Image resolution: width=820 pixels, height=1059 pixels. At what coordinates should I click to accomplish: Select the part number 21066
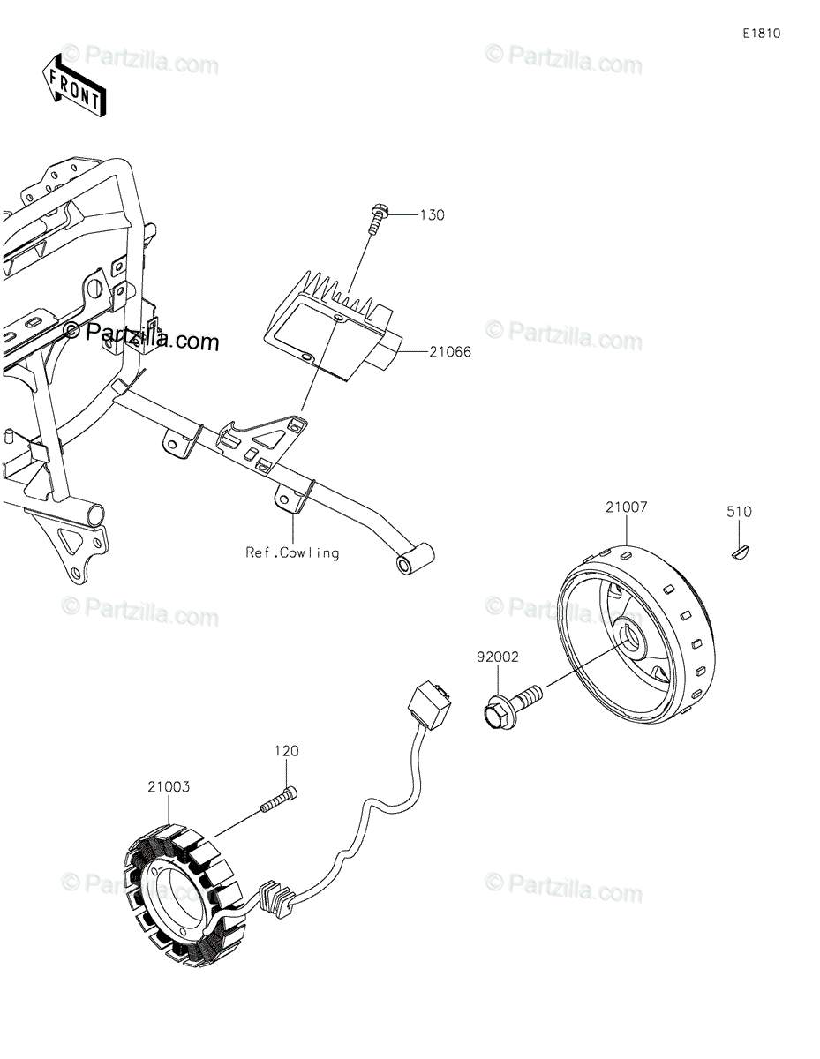coord(450,351)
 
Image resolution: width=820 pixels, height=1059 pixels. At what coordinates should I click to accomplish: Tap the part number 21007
coord(627,507)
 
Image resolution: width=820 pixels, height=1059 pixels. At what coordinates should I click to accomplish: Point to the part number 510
coord(739,511)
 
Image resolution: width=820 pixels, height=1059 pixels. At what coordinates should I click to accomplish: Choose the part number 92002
coord(498,657)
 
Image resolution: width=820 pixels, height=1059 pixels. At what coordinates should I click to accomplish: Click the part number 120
coord(286,751)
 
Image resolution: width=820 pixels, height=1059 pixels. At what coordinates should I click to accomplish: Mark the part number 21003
coord(169,785)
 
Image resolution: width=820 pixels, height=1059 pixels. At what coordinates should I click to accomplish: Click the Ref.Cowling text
coord(292,552)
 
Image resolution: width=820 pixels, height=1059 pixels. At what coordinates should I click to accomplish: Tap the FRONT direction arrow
coord(75,84)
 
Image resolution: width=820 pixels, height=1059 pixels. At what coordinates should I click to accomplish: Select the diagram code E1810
coord(761,34)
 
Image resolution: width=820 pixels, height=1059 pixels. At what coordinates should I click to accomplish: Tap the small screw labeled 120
coord(280,801)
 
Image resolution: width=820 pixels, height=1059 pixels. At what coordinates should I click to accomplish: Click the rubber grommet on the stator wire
coord(279,897)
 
